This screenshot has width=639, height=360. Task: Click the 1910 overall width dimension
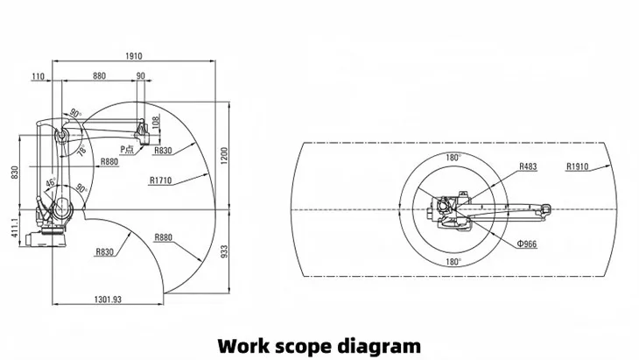[133, 56]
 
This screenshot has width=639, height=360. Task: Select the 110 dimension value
[38, 77]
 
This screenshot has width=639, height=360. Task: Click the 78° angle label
[82, 151]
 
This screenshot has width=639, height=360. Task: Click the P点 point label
[127, 150]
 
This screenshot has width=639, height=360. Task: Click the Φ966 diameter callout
[526, 244]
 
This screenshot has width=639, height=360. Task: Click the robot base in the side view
[50, 235]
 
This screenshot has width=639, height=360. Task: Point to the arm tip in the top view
[545, 208]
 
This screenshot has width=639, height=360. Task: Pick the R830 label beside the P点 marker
[162, 151]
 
